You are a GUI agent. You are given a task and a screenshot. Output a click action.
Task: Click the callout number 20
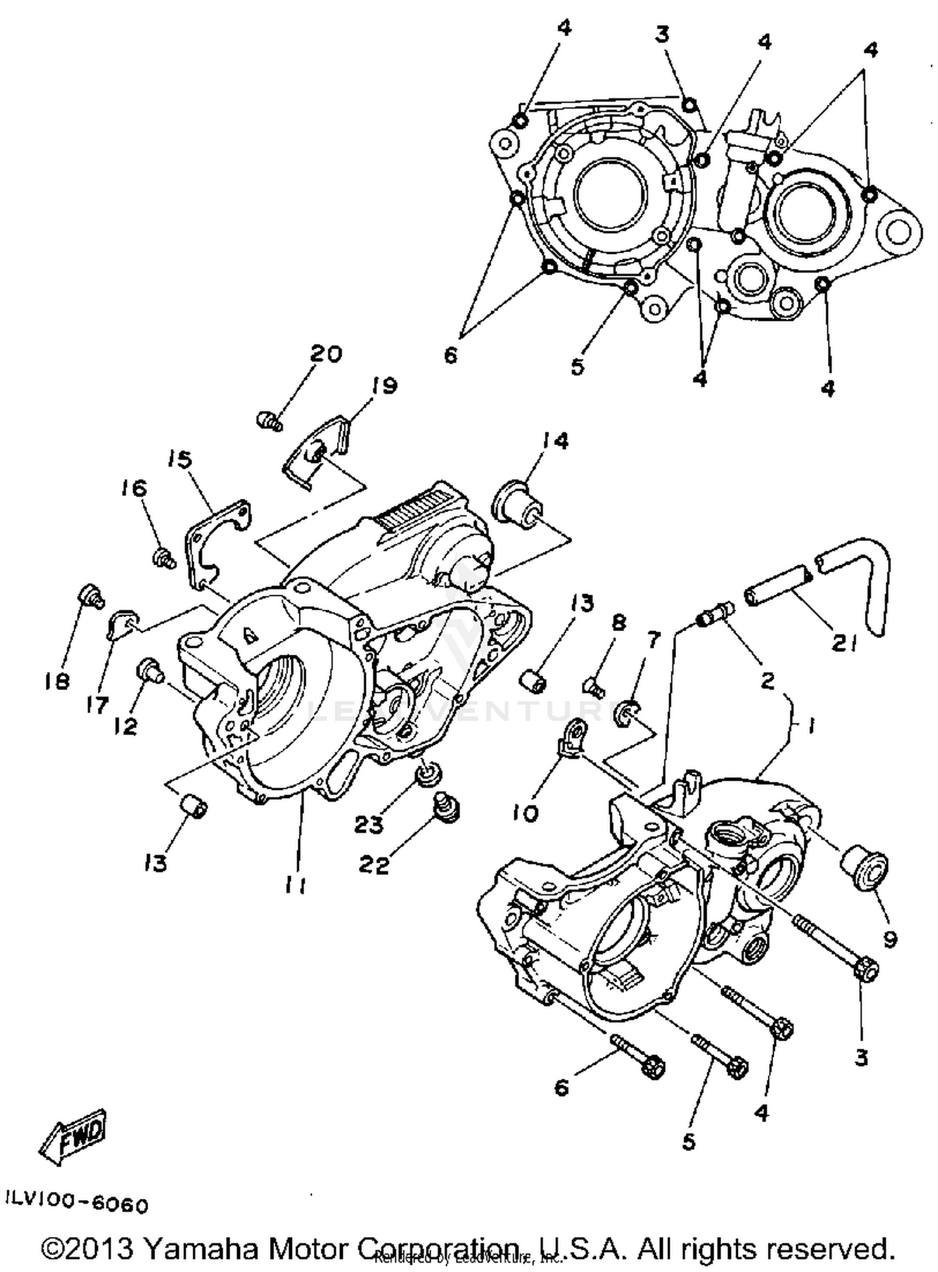326,354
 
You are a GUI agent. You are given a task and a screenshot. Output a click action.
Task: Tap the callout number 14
555,441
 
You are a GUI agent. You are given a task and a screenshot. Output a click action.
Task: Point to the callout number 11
295,885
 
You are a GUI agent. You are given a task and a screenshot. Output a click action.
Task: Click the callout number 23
369,825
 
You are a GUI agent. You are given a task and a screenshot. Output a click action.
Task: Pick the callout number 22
374,865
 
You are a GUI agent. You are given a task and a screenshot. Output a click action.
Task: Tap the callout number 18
57,681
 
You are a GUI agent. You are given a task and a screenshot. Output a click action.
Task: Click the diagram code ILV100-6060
77,1204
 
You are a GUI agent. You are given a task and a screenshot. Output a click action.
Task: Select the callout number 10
525,813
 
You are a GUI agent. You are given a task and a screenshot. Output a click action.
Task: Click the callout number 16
136,488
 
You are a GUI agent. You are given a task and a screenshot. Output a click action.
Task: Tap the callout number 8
618,623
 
